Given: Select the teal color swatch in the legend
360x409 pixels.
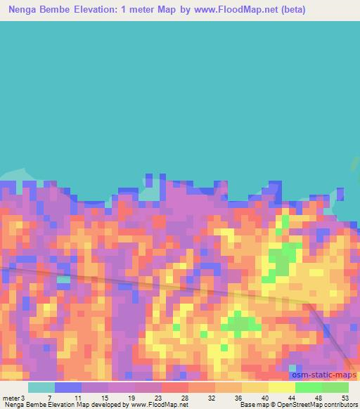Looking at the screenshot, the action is click(41, 387).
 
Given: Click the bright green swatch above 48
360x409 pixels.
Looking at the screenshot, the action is click(309, 387).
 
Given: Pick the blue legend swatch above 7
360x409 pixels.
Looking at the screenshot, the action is click(68, 387).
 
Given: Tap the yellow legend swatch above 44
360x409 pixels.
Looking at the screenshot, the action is click(282, 387).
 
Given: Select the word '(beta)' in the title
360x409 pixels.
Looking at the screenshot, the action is click(290, 9).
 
